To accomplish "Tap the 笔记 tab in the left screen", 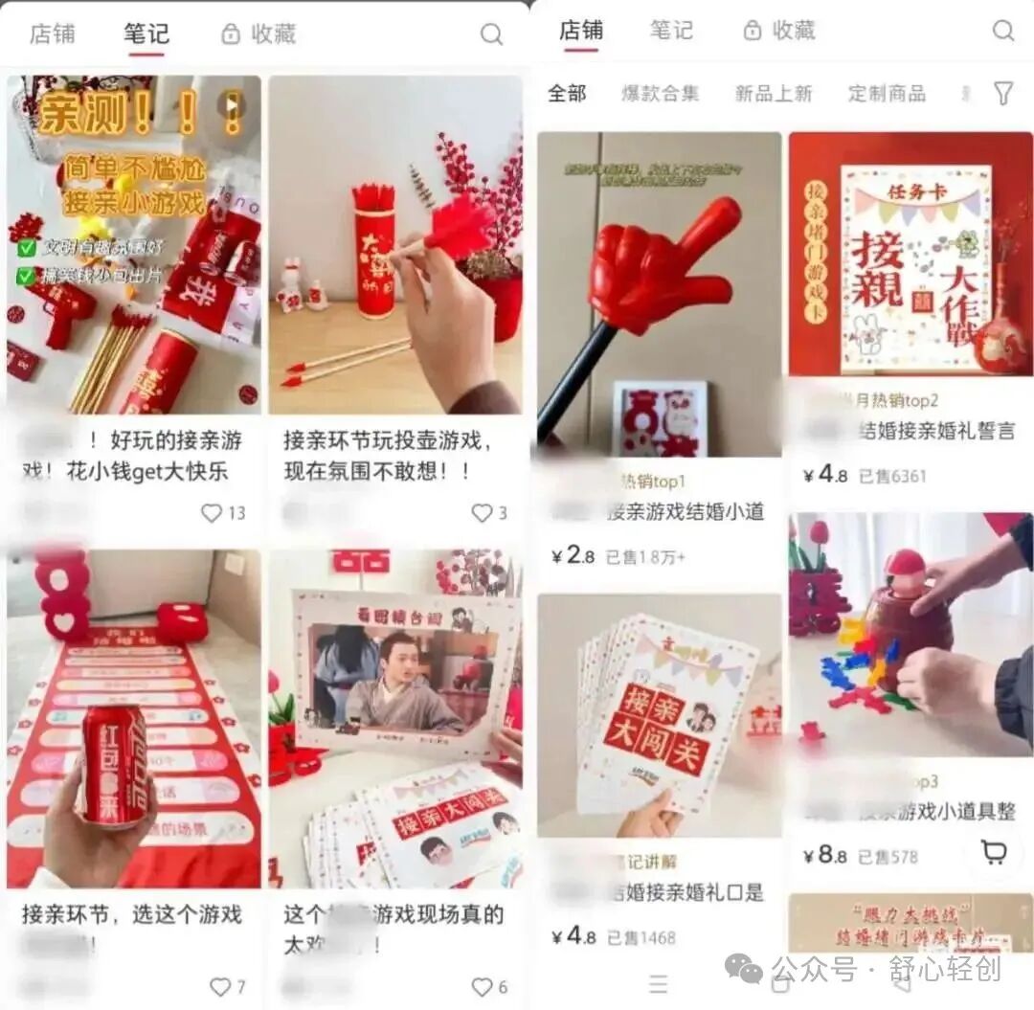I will coord(146,34).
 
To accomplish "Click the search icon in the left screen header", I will coord(491,34).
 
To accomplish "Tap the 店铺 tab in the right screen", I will coord(581,31).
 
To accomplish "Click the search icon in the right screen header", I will coord(1002,31).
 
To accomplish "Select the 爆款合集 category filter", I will coord(660,93).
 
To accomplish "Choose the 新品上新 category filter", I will coord(773,93).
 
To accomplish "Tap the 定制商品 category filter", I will coord(887,93).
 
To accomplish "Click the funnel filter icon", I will coord(1002,93).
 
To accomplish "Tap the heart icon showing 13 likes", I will coord(212,513).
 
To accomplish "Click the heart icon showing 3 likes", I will coord(482,513).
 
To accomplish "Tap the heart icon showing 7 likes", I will coord(220,986).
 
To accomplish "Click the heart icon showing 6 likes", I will coord(482,986).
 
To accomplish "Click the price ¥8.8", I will coord(825,855).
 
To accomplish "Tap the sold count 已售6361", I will coord(891,475).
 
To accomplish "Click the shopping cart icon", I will coord(994,852).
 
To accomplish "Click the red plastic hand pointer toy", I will coord(661,268).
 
